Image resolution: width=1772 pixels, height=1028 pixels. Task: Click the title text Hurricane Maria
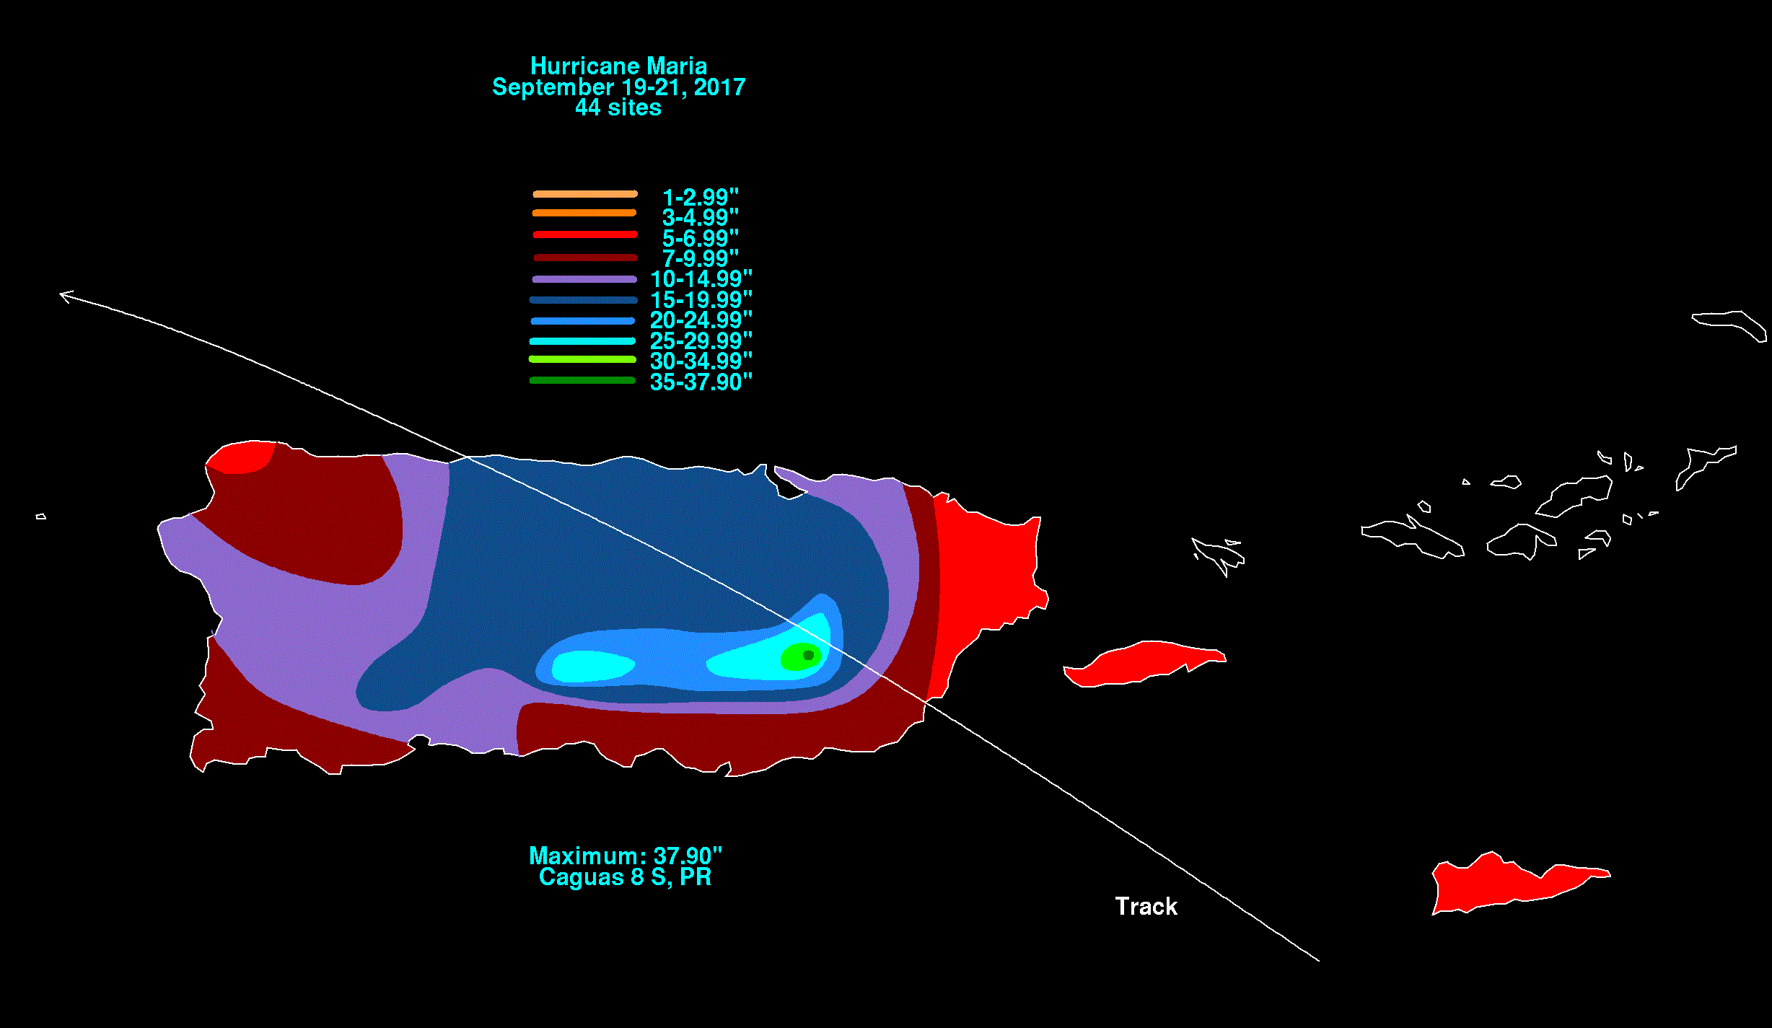coord(618,66)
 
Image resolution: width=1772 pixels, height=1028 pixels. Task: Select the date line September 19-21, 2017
coord(618,87)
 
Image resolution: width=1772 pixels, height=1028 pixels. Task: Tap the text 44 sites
coord(618,107)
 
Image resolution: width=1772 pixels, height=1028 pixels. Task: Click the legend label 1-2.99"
coord(701,196)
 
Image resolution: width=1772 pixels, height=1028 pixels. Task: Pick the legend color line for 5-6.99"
coord(585,234)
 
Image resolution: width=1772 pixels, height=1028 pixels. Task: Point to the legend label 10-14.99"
coord(701,278)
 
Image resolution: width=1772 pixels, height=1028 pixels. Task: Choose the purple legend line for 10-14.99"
coord(584,279)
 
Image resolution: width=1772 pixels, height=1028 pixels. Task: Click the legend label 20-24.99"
coord(701,320)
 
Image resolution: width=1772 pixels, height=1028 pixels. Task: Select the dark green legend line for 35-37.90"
coord(582,380)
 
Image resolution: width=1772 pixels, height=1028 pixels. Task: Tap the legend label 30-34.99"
coord(701,361)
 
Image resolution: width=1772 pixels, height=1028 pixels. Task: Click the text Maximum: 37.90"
coord(625,856)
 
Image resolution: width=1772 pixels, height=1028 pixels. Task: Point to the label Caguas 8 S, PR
coord(625,877)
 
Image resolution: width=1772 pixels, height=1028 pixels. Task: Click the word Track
coord(1146,906)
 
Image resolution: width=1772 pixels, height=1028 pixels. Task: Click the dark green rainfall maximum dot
coord(808,655)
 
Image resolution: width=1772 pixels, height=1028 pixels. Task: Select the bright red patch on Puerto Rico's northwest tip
coord(240,457)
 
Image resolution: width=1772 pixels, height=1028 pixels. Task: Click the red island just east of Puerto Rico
coord(1144,663)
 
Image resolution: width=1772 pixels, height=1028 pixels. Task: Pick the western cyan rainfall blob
coord(592,666)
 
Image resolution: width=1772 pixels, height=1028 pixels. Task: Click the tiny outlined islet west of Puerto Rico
coord(41,517)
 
